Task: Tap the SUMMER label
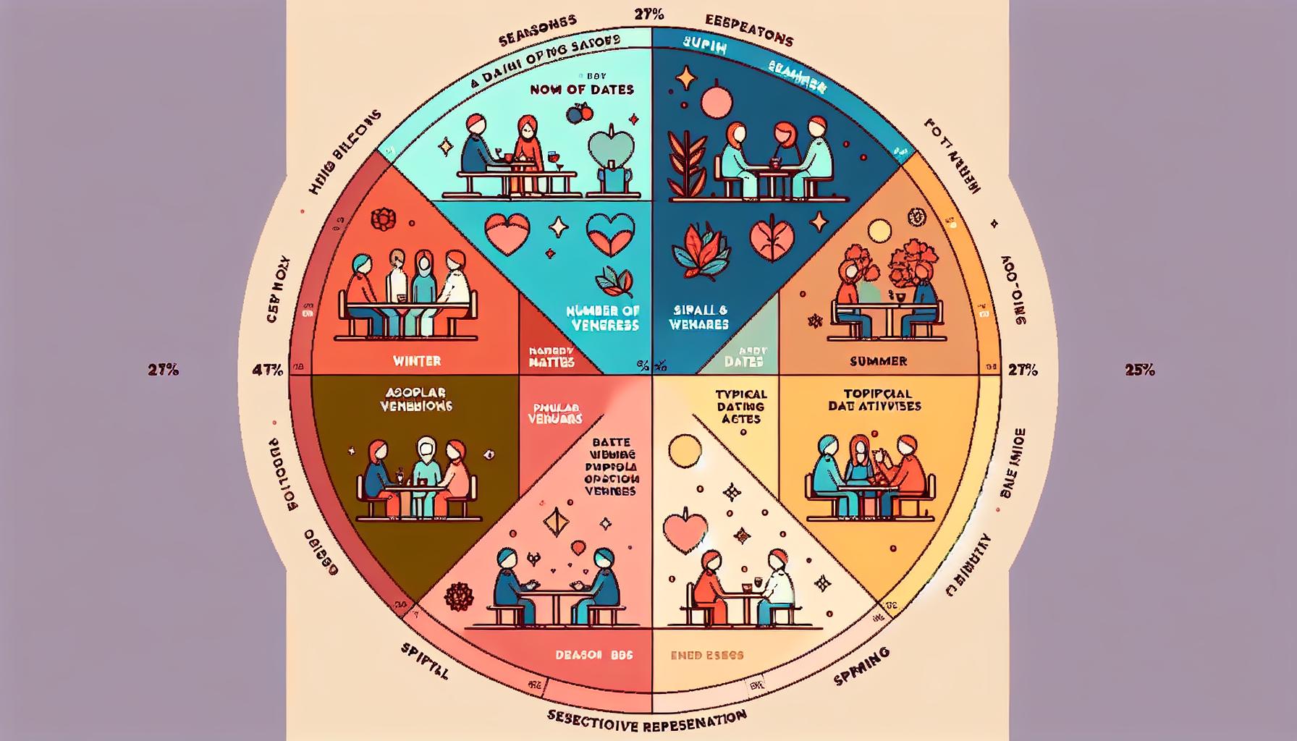point(878,360)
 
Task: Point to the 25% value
point(1139,370)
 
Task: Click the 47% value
point(267,370)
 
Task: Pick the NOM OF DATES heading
point(581,90)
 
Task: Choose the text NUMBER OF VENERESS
point(603,318)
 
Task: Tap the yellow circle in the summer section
point(879,232)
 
